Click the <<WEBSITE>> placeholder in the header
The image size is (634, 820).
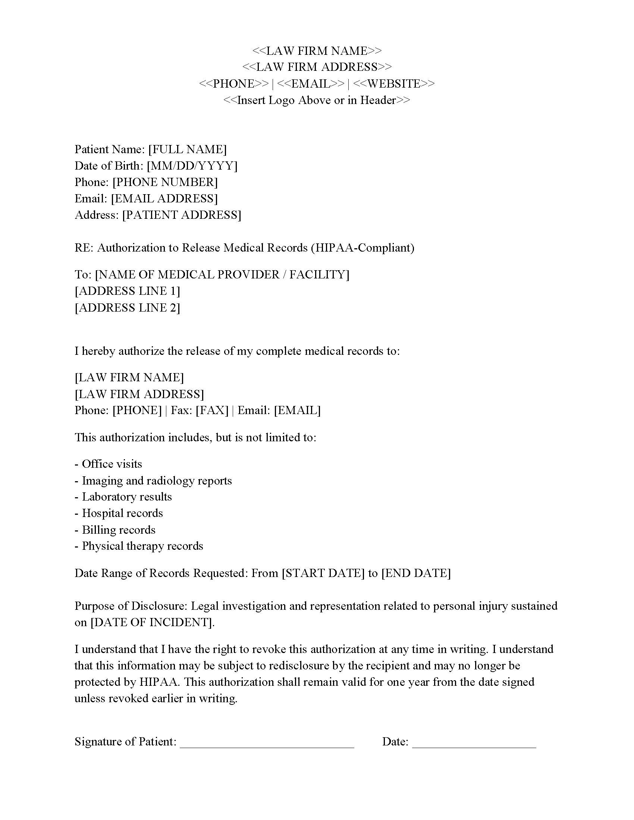[394, 83]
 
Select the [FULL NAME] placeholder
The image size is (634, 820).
[188, 149]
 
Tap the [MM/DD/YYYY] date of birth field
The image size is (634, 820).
[192, 165]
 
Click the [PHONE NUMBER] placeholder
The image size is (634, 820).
[165, 182]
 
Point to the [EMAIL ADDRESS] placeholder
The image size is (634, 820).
[164, 198]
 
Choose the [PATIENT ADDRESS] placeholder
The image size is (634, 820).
[181, 215]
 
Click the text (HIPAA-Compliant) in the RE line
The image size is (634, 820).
[362, 248]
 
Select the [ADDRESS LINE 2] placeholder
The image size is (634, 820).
[127, 307]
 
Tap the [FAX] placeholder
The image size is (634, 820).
[212, 410]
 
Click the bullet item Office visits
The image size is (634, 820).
[112, 464]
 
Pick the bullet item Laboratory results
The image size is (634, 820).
[126, 497]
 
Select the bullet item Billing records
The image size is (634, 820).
[118, 530]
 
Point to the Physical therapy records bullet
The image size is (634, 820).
[142, 546]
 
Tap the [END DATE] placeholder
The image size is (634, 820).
[416, 573]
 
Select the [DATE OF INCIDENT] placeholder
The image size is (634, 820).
[151, 622]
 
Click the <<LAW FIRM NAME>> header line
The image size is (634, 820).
[317, 51]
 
